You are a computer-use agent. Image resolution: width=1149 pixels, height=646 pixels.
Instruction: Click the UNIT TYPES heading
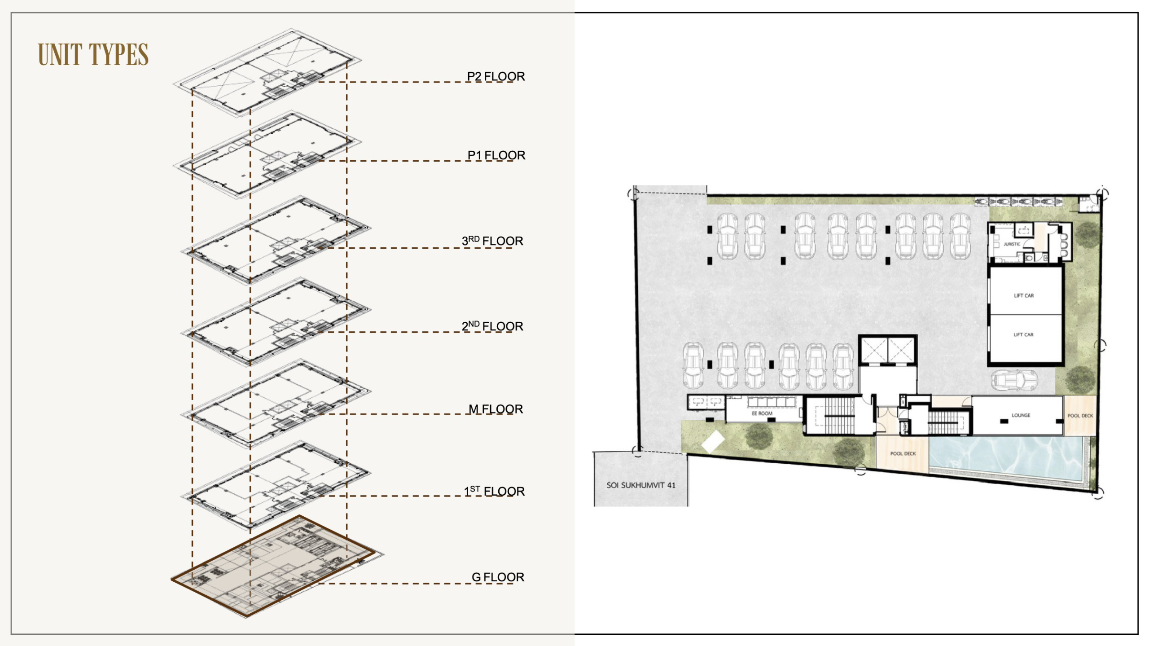pyautogui.click(x=93, y=55)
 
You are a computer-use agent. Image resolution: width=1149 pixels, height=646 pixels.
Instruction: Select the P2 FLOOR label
pyautogui.click(x=496, y=76)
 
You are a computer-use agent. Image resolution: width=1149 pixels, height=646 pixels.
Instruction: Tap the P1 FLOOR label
pyautogui.click(x=496, y=155)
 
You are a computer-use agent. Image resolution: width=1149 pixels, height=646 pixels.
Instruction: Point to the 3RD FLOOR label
pyautogui.click(x=492, y=241)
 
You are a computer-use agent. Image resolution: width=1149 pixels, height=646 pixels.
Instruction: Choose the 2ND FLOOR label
pyautogui.click(x=492, y=326)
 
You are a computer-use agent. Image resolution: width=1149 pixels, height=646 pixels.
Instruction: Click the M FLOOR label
pyautogui.click(x=496, y=409)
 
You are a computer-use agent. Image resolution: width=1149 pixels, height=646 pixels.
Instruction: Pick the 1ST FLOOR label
pyautogui.click(x=494, y=491)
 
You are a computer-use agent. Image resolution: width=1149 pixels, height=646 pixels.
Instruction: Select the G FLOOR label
pyautogui.click(x=498, y=577)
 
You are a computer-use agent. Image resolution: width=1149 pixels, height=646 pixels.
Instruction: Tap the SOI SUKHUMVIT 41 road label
pyautogui.click(x=641, y=485)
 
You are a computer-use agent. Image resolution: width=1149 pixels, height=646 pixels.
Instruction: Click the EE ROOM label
pyautogui.click(x=762, y=413)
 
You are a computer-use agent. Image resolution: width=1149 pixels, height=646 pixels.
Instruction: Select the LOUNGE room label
pyautogui.click(x=1021, y=415)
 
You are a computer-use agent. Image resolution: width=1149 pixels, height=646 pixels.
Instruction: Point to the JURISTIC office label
pyautogui.click(x=1012, y=244)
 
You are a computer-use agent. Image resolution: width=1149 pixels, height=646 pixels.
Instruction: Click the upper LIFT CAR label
pyautogui.click(x=1024, y=295)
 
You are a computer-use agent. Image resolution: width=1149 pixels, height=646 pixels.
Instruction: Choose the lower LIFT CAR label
pyautogui.click(x=1023, y=334)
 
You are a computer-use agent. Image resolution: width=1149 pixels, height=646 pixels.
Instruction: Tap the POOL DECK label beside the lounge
pyautogui.click(x=1080, y=416)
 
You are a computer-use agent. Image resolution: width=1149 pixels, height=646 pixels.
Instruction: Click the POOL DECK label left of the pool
pyautogui.click(x=903, y=453)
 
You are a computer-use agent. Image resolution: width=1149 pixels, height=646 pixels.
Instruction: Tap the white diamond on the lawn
pyautogui.click(x=713, y=442)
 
